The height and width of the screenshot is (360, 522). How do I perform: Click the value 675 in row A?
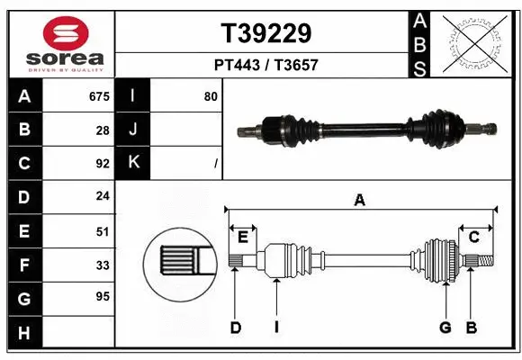(x=99, y=96)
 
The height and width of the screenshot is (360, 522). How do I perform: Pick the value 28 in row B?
(x=102, y=130)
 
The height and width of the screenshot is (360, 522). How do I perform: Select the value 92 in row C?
(x=102, y=163)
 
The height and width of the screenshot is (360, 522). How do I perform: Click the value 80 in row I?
(x=211, y=96)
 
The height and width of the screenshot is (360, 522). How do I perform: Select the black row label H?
(x=24, y=335)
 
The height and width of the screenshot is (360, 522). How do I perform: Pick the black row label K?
(x=133, y=163)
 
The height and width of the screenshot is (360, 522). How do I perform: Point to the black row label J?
(x=133, y=130)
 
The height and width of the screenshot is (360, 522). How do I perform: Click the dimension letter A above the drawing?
(x=360, y=201)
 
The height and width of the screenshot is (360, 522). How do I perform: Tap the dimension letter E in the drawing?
(x=242, y=237)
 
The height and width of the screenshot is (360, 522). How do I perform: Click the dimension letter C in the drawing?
(x=473, y=237)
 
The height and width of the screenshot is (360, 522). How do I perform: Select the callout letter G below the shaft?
(x=445, y=328)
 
